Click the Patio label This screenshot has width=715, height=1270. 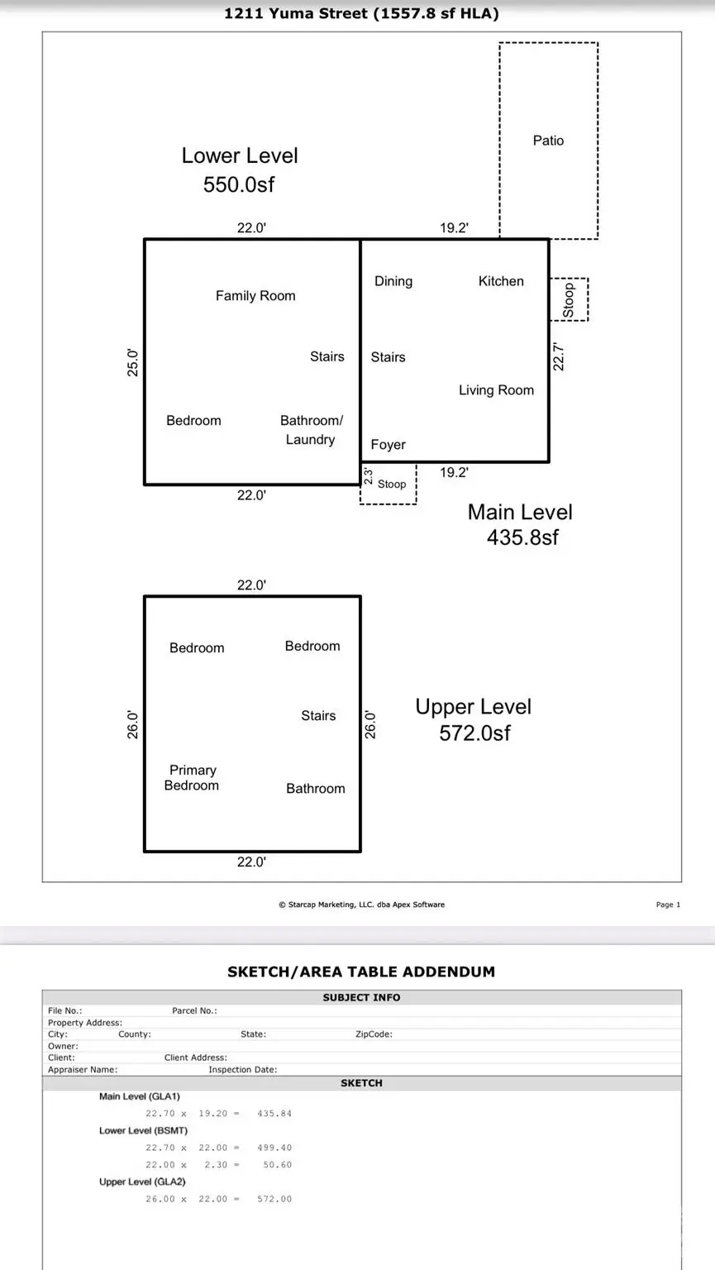pyautogui.click(x=548, y=141)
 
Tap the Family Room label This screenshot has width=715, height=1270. pyautogui.click(x=255, y=296)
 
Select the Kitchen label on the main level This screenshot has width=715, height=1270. pyautogui.click(x=501, y=281)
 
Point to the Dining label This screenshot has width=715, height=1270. pyautogui.click(x=393, y=281)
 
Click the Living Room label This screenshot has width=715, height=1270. pyautogui.click(x=496, y=390)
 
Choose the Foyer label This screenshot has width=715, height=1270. pyautogui.click(x=388, y=445)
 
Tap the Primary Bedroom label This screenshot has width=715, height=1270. pyautogui.click(x=192, y=778)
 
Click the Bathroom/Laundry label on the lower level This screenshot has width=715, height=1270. pyautogui.click(x=311, y=430)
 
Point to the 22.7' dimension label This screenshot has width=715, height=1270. pyautogui.click(x=559, y=356)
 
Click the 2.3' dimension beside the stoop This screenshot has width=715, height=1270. pyautogui.click(x=369, y=477)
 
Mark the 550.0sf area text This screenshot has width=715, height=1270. pyautogui.click(x=239, y=184)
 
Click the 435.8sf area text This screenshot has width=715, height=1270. pyautogui.click(x=522, y=537)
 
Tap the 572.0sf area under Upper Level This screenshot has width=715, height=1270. pyautogui.click(x=474, y=733)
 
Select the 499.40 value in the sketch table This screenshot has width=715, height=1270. pyautogui.click(x=274, y=1148)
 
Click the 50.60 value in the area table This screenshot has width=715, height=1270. pyautogui.click(x=278, y=1165)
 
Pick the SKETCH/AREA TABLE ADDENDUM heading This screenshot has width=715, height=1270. pyautogui.click(x=361, y=972)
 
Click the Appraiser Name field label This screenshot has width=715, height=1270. pyautogui.click(x=83, y=1069)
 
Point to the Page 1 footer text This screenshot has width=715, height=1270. pyautogui.click(x=668, y=905)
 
